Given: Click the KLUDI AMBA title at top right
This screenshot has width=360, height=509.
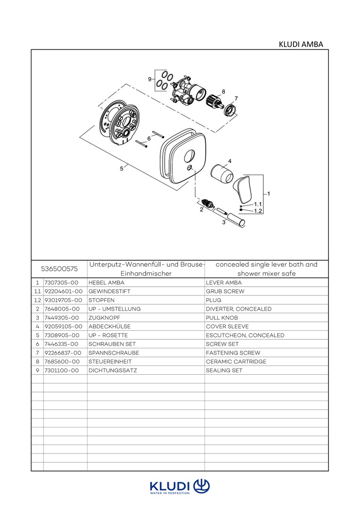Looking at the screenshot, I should (x=301, y=44).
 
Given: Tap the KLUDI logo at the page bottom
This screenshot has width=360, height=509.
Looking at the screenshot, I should (x=180, y=486).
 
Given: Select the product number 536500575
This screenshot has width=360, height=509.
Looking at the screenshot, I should (x=59, y=269).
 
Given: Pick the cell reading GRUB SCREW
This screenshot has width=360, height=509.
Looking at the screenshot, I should (x=225, y=291).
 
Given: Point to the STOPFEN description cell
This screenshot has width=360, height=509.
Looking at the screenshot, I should (x=101, y=300).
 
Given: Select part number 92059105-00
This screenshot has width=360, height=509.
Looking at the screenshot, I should (x=63, y=327).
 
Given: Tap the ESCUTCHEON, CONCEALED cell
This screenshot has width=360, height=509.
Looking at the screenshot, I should (x=245, y=336).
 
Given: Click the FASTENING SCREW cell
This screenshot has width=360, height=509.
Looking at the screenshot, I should (x=233, y=353).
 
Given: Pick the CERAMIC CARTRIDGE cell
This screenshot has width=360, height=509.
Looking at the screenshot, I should (x=236, y=362).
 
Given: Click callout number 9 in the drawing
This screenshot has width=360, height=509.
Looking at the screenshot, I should (x=150, y=80).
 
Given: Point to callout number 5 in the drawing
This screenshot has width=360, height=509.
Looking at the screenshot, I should (x=122, y=168).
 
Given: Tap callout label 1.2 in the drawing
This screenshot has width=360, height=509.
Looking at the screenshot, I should (x=258, y=211).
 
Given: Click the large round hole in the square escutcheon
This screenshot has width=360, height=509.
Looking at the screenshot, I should (x=191, y=155).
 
